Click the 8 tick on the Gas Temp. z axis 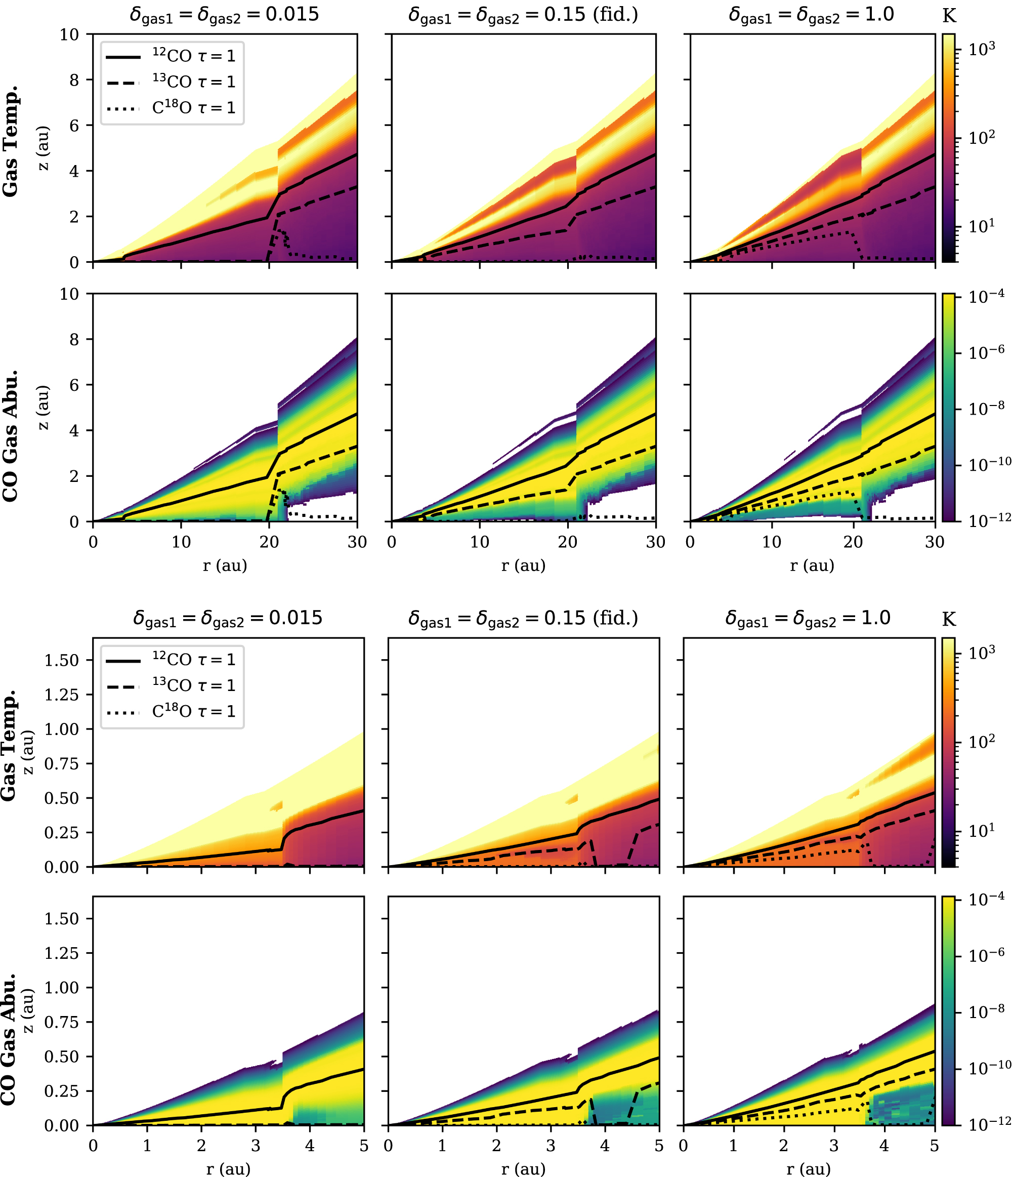click(73, 80)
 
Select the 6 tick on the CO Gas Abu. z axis click(73, 385)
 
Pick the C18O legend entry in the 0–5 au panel click(193, 711)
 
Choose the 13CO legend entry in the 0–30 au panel click(193, 82)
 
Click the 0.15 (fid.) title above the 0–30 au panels click(523, 15)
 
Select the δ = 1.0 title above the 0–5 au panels click(808, 618)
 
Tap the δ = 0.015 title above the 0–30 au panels click(224, 15)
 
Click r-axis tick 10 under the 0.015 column click(181, 541)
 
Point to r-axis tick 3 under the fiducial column click(551, 1146)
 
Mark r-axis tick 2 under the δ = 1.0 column click(784, 1146)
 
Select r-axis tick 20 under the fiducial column click(568, 541)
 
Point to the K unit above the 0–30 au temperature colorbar click(948, 16)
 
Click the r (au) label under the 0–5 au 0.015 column click(228, 1168)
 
